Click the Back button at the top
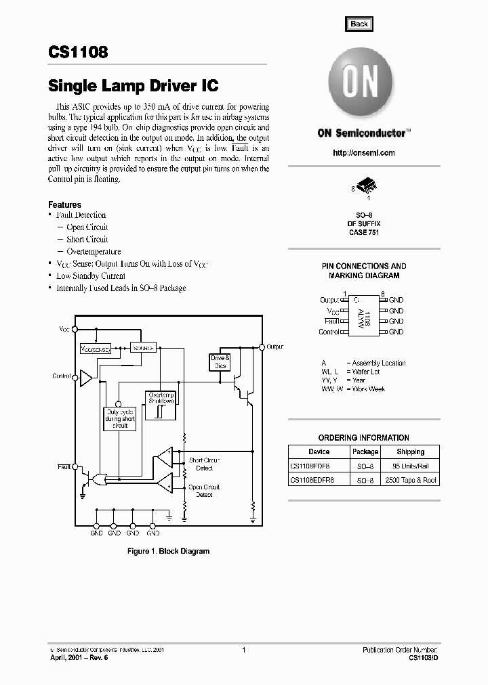(x=359, y=24)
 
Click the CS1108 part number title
(x=78, y=52)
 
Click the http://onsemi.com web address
(x=364, y=153)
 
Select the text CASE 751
(x=364, y=232)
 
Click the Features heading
(x=64, y=204)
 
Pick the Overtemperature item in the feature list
(x=94, y=252)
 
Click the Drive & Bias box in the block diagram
(x=220, y=361)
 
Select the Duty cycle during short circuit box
(x=120, y=418)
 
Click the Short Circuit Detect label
(x=204, y=464)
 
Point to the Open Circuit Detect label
(x=204, y=491)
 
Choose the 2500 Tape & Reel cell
(x=411, y=480)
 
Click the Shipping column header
(x=411, y=451)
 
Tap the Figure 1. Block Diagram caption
(x=169, y=551)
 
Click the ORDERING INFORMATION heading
(x=364, y=438)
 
